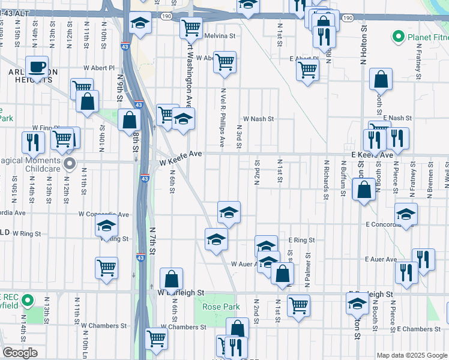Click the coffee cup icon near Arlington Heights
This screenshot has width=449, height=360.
[37, 66]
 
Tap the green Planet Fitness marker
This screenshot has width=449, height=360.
[397, 37]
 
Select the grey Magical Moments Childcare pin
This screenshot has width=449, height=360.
[70, 163]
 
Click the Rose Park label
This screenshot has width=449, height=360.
[221, 307]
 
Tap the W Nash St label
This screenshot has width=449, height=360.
[258, 119]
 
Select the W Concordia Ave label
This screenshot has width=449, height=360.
[104, 214]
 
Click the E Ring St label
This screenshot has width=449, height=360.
[301, 240]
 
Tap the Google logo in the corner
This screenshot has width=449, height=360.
[20, 353]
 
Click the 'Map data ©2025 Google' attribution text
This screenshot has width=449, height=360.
[411, 355]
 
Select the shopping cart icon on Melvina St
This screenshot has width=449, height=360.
[191, 26]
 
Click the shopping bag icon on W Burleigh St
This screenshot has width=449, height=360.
[171, 278]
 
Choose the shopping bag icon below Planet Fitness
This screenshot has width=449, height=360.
[381, 79]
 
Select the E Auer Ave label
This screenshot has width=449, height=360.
[381, 259]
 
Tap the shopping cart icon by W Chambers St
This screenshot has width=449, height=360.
[156, 338]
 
